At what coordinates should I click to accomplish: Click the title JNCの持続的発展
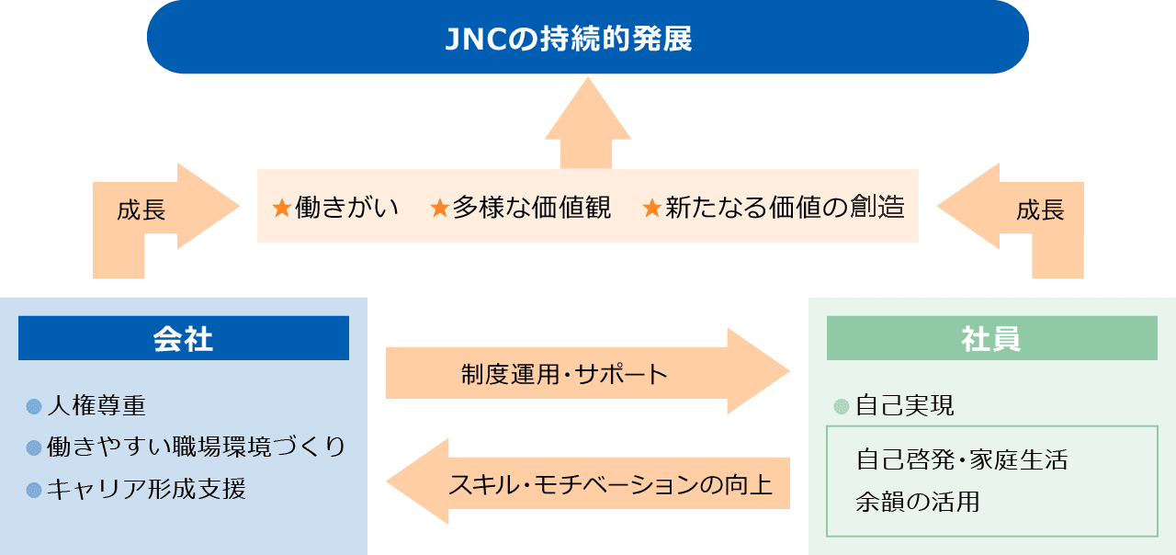(x=569, y=39)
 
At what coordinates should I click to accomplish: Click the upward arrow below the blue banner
(x=587, y=123)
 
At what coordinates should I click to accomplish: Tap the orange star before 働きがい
(x=282, y=208)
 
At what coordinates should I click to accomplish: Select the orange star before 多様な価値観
(x=439, y=208)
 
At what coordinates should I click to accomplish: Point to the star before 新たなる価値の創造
(x=651, y=208)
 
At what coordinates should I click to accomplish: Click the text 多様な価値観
(x=531, y=207)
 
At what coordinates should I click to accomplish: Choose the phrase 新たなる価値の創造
(x=785, y=207)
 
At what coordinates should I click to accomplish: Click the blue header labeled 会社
(x=183, y=337)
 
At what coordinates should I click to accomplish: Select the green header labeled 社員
(x=991, y=337)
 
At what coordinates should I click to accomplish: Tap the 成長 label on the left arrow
(x=141, y=210)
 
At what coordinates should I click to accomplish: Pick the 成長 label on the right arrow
(x=1040, y=210)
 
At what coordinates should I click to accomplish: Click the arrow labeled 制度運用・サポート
(x=587, y=372)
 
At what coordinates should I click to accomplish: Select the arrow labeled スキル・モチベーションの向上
(x=587, y=481)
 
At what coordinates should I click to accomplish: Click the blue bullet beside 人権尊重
(x=34, y=406)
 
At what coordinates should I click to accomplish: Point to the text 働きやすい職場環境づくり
(x=196, y=447)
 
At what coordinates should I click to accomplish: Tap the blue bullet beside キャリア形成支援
(x=34, y=490)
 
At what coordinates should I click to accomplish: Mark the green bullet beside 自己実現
(x=841, y=406)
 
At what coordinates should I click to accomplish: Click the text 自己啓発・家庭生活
(x=962, y=459)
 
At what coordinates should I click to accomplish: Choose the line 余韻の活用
(x=918, y=502)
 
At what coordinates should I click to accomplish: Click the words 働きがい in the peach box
(x=346, y=207)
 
